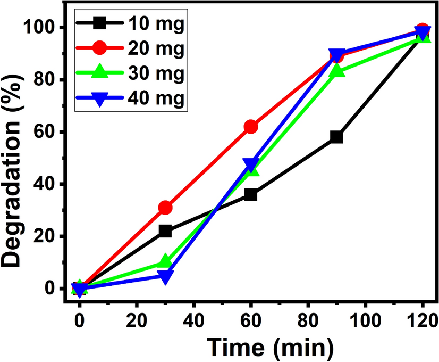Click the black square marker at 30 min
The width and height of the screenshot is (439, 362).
(165, 231)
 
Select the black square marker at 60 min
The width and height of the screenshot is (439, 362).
(251, 194)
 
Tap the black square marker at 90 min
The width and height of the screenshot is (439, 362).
(336, 137)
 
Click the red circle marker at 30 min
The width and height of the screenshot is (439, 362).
(165, 208)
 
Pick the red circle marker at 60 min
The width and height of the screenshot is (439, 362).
(251, 127)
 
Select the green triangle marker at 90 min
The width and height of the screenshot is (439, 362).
(336, 71)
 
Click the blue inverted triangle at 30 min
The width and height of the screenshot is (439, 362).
(165, 276)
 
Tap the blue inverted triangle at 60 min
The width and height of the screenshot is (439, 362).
(251, 163)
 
